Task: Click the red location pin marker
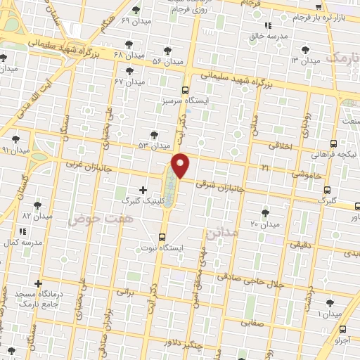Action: coord(181,165)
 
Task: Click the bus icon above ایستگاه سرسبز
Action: coord(185,90)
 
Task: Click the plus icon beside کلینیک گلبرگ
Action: coord(143,189)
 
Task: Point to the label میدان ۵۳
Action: coord(155,146)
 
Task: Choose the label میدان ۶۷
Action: coord(128,82)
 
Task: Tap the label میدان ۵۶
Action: coord(167,61)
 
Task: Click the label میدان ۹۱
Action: coord(15,150)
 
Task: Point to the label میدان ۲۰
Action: coord(265,224)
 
